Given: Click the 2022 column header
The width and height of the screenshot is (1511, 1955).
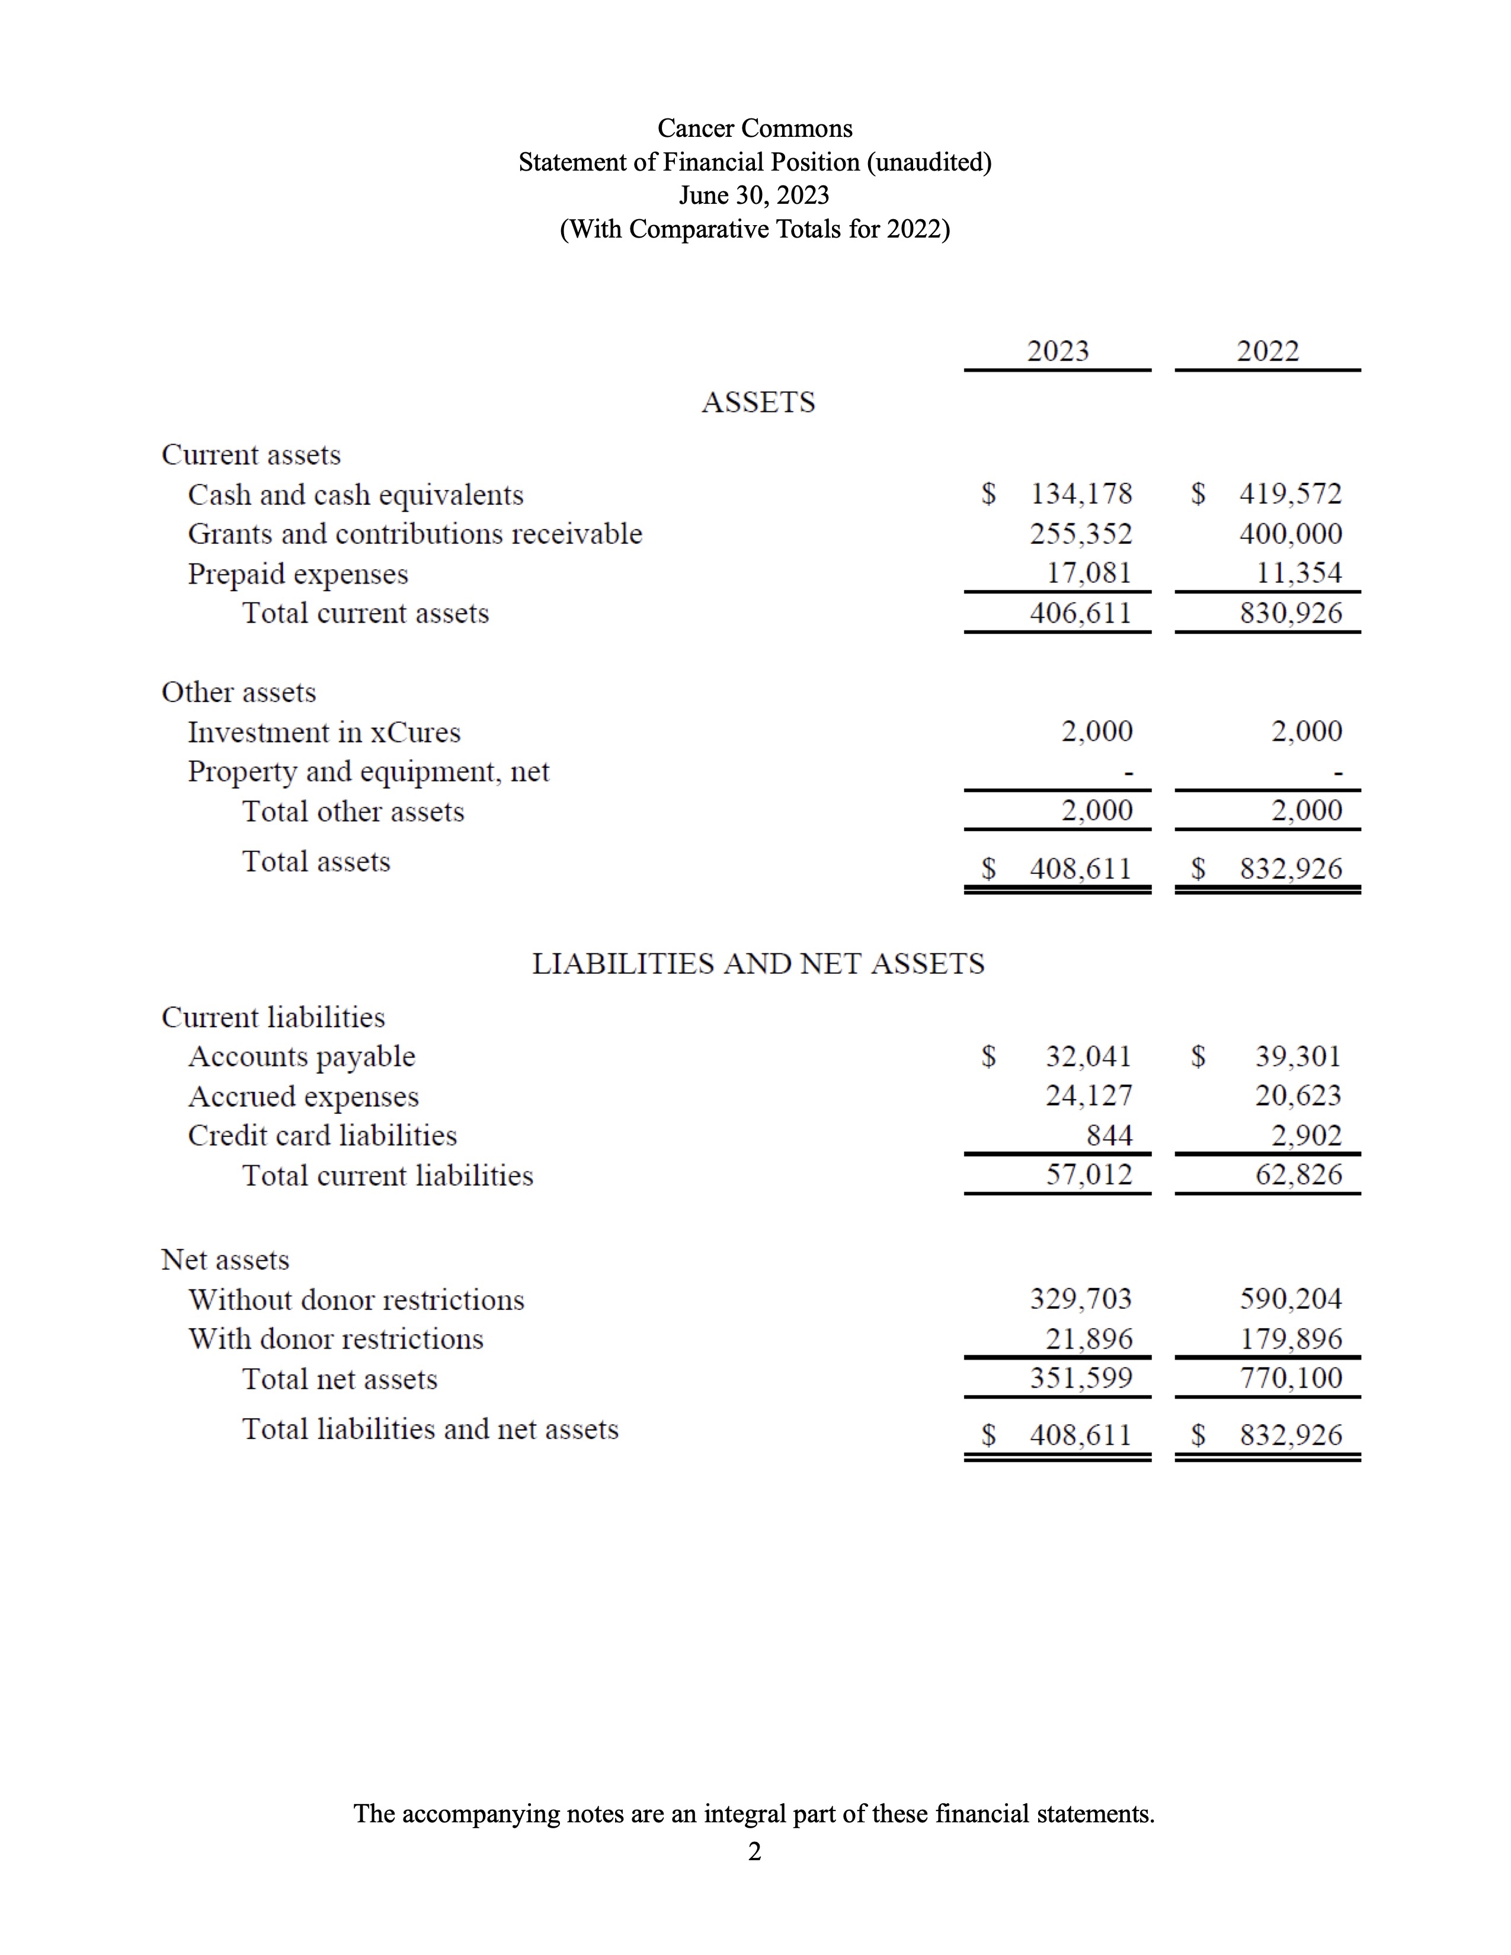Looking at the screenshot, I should point(1267,351).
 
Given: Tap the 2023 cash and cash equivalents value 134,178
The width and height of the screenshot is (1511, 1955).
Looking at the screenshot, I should point(1081,493).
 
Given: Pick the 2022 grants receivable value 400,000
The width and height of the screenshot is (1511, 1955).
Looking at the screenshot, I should point(1291,534).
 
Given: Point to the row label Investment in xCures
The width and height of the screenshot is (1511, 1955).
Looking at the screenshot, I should point(324,732).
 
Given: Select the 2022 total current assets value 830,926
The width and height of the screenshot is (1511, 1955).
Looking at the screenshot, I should point(1291,613).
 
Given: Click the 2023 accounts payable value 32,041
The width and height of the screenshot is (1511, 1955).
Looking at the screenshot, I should point(1089,1056).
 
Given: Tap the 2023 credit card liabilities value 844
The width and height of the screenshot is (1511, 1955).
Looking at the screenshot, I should point(1109,1135).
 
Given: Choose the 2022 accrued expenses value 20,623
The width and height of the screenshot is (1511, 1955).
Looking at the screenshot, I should point(1298,1095).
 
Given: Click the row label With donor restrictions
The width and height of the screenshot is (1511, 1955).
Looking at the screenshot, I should point(335,1339).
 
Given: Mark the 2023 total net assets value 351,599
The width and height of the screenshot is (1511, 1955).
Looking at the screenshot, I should point(1081,1377).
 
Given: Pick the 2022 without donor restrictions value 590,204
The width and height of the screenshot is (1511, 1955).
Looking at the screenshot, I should point(1291,1299).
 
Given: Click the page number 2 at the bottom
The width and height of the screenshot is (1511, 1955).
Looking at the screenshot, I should point(754,1851).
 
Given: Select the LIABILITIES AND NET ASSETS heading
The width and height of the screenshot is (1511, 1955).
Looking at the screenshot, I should point(758,964).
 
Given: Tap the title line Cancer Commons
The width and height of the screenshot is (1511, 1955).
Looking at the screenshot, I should point(754,128).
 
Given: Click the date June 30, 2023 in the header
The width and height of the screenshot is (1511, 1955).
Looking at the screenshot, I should point(754,195).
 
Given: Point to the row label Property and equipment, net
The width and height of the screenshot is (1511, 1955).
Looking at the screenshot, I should point(368,771).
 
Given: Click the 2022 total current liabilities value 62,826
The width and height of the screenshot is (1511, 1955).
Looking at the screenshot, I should point(1298,1174).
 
